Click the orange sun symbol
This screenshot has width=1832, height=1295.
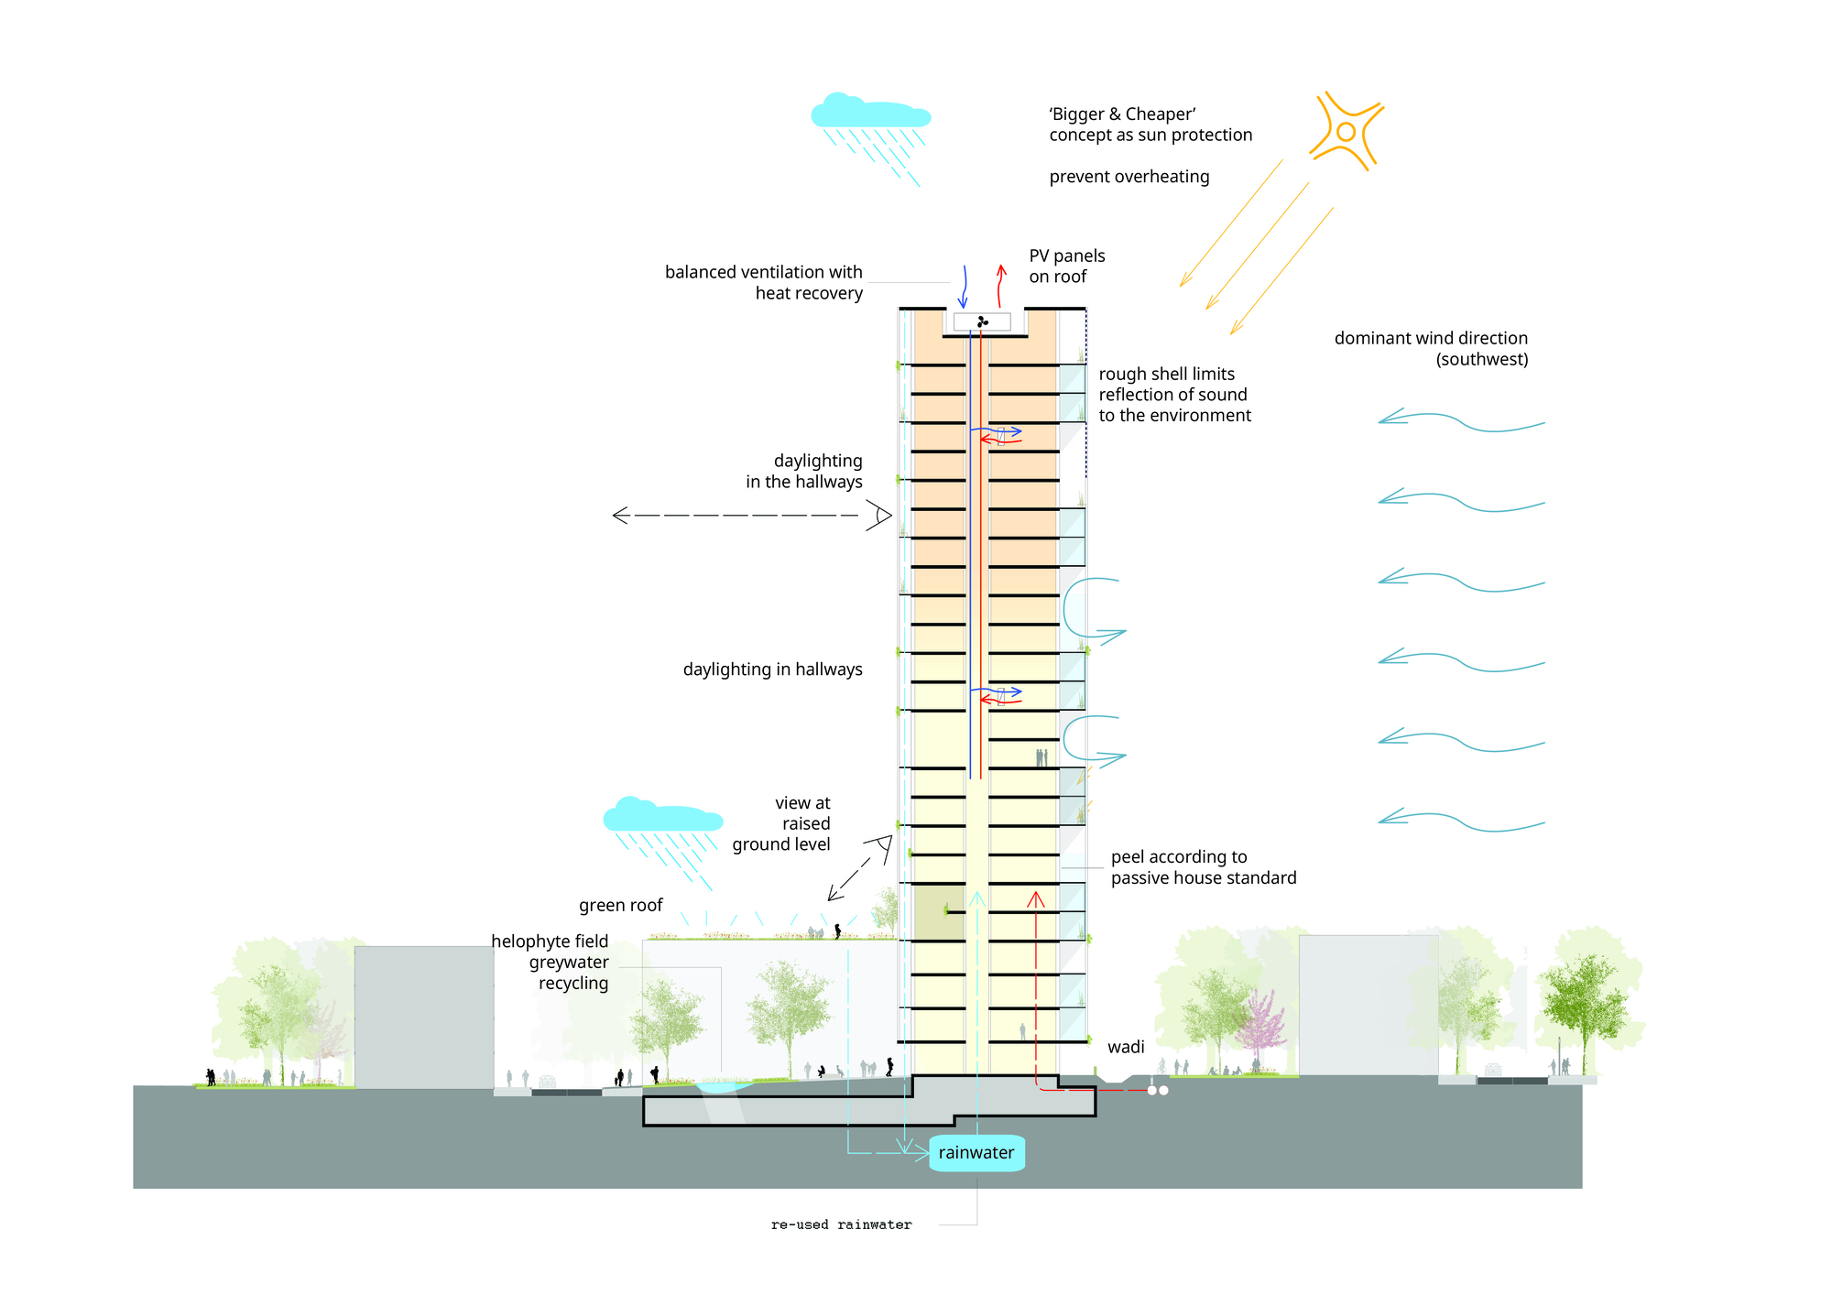[x=1346, y=131]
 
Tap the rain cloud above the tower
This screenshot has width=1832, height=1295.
[x=870, y=111]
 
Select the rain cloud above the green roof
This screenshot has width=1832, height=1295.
[x=662, y=814]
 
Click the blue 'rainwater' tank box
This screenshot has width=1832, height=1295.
[x=976, y=1153]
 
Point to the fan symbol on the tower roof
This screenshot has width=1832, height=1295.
[x=982, y=321]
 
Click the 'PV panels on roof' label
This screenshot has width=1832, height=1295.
[x=1067, y=266]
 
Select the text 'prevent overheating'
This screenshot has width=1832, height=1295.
[x=1129, y=177]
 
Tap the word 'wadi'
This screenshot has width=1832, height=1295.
[x=1126, y=1047]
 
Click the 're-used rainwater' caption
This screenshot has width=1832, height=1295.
[x=842, y=1224]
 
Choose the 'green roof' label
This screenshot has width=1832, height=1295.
[x=621, y=906]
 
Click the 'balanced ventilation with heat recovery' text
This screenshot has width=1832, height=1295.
[x=764, y=282]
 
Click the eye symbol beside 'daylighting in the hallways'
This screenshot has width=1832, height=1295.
[x=878, y=516]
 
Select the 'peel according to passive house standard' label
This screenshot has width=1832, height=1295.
[x=1204, y=867]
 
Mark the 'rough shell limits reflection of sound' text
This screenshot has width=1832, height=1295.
[x=1174, y=395]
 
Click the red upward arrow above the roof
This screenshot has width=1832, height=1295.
[x=1000, y=286]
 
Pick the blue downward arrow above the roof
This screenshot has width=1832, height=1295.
[x=964, y=287]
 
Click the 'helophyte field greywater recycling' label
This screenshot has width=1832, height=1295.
[x=550, y=963]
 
